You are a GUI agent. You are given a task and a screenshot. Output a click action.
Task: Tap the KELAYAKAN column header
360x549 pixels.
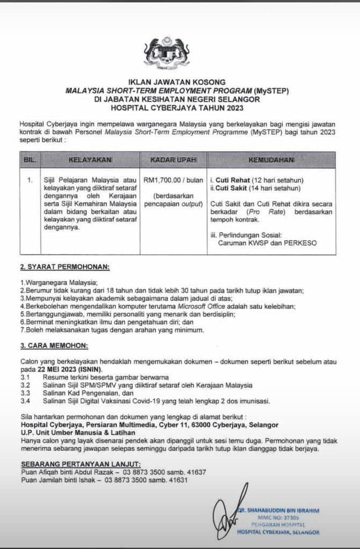[x=90, y=160]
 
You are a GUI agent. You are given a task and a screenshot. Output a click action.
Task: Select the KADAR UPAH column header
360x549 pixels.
[x=173, y=160]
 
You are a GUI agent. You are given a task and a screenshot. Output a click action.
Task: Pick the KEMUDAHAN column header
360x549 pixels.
[x=271, y=160]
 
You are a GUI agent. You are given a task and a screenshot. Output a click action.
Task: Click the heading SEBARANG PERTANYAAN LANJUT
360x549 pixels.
[x=80, y=464]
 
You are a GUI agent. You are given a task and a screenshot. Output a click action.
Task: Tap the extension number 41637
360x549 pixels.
[x=194, y=472]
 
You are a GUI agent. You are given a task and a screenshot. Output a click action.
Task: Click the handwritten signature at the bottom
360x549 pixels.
[x=227, y=514]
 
